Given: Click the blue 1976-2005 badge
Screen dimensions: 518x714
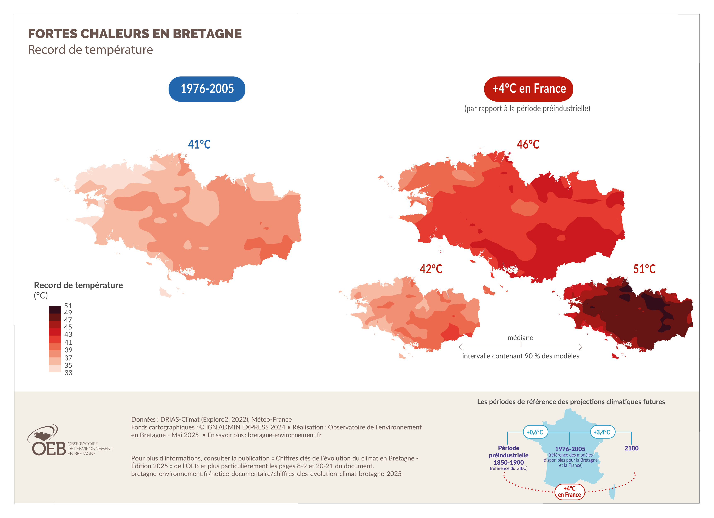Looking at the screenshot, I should click(207, 89).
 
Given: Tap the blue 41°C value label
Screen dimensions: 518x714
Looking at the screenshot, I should click(199, 144).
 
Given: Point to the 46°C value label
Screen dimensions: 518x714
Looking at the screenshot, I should click(528, 144).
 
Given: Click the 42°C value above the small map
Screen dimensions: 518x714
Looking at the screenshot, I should click(431, 269).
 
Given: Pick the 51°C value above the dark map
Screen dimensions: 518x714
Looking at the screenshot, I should click(644, 269).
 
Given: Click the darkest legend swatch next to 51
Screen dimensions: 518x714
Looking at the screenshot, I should click(55, 309).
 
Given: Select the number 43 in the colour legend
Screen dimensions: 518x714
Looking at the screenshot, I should click(68, 334).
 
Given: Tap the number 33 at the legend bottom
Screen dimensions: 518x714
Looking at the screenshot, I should click(68, 373).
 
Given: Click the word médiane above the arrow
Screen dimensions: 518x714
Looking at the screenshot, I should click(520, 338).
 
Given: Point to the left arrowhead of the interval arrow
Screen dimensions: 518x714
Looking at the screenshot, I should click(461, 347).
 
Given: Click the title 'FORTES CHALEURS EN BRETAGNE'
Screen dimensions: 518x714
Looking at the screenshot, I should click(135, 34).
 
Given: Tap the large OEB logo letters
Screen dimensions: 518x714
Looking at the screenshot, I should click(49, 449).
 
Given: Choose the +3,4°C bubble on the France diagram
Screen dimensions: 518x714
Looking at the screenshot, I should click(602, 432).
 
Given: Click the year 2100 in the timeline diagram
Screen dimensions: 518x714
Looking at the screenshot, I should click(631, 448).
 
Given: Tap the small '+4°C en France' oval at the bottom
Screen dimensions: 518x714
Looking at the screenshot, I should click(569, 492).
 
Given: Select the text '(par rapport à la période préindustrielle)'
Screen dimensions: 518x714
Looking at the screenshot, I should click(527, 109).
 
